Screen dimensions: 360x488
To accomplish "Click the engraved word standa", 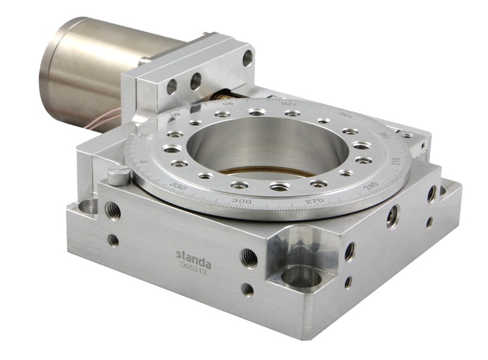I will coord(193,255).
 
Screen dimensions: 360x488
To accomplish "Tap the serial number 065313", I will coord(194,266).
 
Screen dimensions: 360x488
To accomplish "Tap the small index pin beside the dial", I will coord(119,175).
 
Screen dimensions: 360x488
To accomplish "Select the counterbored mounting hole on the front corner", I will coord(300,277).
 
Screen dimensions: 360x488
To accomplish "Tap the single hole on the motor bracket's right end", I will coord(247,57).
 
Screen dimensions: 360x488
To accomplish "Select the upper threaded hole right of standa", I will coord(249,258).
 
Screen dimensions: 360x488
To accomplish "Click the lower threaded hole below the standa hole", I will coord(248,290).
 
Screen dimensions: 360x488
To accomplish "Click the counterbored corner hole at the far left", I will coord(87,207).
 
